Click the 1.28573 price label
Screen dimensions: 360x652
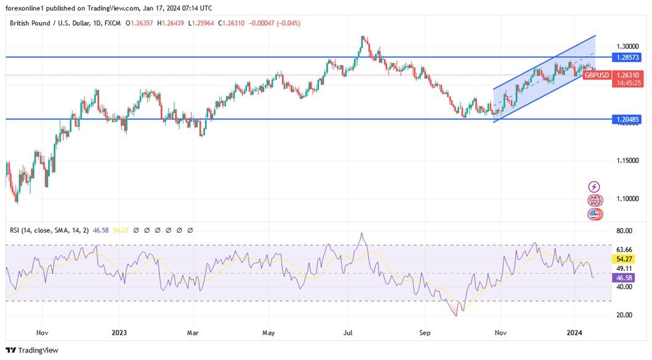[627, 57]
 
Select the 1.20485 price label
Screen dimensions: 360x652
[627, 119]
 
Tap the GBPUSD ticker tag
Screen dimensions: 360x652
[596, 75]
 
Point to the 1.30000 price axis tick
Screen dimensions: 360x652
[627, 46]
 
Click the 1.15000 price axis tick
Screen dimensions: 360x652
[627, 161]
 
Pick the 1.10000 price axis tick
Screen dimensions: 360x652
[627, 199]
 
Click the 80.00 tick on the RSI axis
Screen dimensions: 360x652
[625, 231]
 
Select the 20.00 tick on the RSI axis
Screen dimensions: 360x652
[625, 315]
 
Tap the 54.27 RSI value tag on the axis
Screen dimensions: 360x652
[625, 260]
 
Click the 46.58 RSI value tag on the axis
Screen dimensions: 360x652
[625, 278]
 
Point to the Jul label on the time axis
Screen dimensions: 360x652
[347, 332]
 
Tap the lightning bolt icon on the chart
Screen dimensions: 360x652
[594, 186]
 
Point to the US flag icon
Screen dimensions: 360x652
[594, 214]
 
